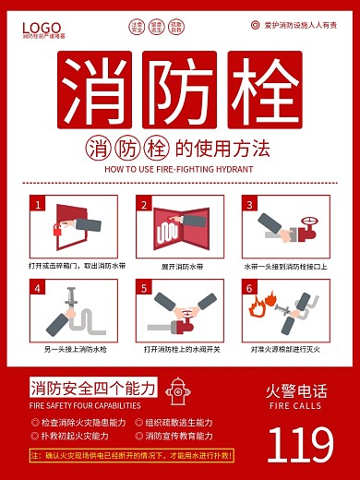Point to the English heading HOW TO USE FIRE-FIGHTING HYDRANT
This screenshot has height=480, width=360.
180,170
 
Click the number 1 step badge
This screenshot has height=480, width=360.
37,203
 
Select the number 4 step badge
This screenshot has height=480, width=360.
37,288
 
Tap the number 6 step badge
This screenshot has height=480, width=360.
247,288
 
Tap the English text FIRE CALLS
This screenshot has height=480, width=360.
295,405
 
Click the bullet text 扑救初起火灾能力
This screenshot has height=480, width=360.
75,435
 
